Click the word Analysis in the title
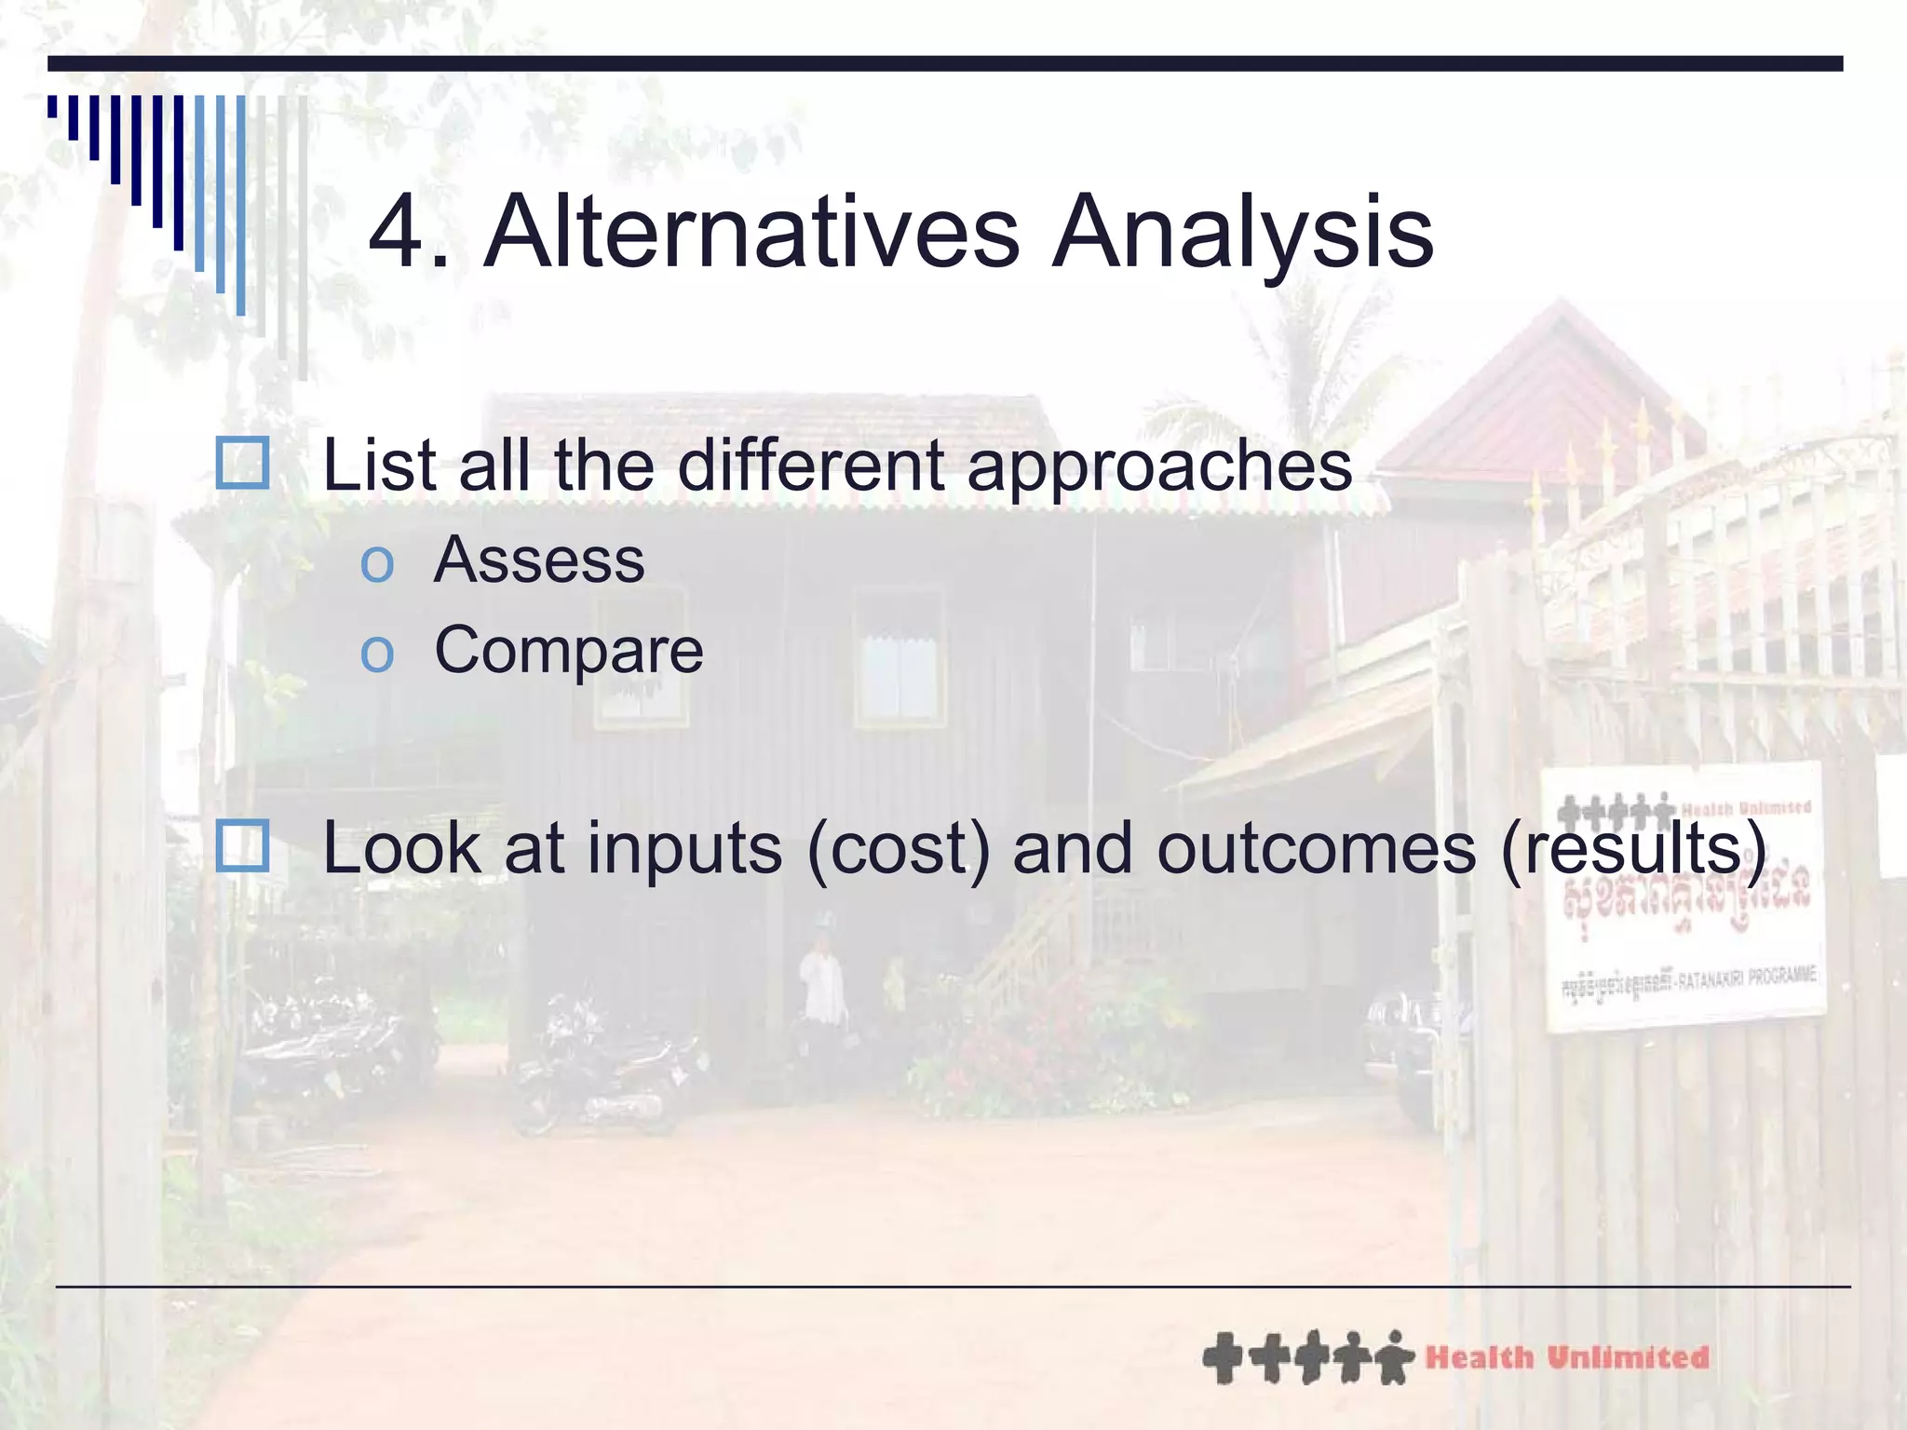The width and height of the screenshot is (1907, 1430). click(1242, 233)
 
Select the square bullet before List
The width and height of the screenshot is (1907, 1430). click(242, 464)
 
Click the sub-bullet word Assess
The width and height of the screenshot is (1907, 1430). click(539, 560)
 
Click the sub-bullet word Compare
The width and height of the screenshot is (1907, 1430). click(569, 650)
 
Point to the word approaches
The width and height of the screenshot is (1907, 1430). click(1159, 467)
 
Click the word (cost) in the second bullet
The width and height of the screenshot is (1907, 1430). click(898, 849)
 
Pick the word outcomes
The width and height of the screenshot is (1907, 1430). click(1316, 849)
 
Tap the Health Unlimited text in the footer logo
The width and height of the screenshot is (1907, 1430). click(1567, 1357)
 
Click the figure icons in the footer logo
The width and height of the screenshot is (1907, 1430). click(1307, 1357)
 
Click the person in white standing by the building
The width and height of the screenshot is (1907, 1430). click(823, 982)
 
